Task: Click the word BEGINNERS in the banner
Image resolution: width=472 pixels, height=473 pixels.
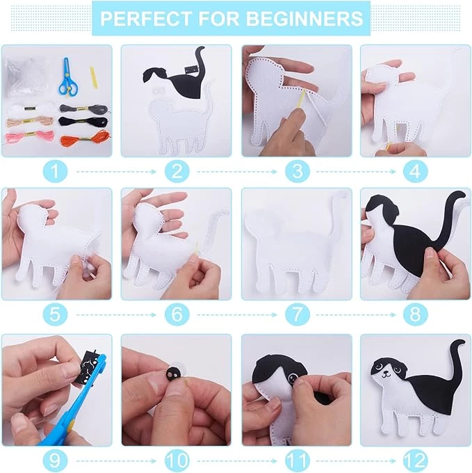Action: (x=305, y=18)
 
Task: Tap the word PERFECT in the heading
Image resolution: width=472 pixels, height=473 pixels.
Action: (x=146, y=18)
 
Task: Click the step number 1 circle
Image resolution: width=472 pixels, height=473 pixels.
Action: (x=55, y=171)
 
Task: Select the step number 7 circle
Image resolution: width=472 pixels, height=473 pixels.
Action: (x=298, y=314)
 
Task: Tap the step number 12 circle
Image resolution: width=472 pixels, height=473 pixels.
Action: (x=416, y=460)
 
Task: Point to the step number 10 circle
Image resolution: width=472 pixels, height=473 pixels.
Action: (x=177, y=460)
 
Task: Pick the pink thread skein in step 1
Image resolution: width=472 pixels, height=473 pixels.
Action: (x=29, y=137)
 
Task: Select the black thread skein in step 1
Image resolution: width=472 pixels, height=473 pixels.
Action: (x=83, y=122)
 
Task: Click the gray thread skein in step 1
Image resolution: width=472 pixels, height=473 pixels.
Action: (x=83, y=109)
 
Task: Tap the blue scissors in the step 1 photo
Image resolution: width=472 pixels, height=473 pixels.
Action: (x=68, y=77)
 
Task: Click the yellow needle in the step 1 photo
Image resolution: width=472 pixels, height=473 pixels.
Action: (x=94, y=77)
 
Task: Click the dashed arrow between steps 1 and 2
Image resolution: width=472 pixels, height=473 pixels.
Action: (x=116, y=172)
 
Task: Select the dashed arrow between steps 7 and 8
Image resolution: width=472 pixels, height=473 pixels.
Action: (x=356, y=315)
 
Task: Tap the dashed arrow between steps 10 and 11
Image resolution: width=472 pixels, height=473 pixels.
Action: (x=237, y=461)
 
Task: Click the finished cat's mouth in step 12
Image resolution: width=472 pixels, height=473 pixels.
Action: (x=386, y=375)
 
